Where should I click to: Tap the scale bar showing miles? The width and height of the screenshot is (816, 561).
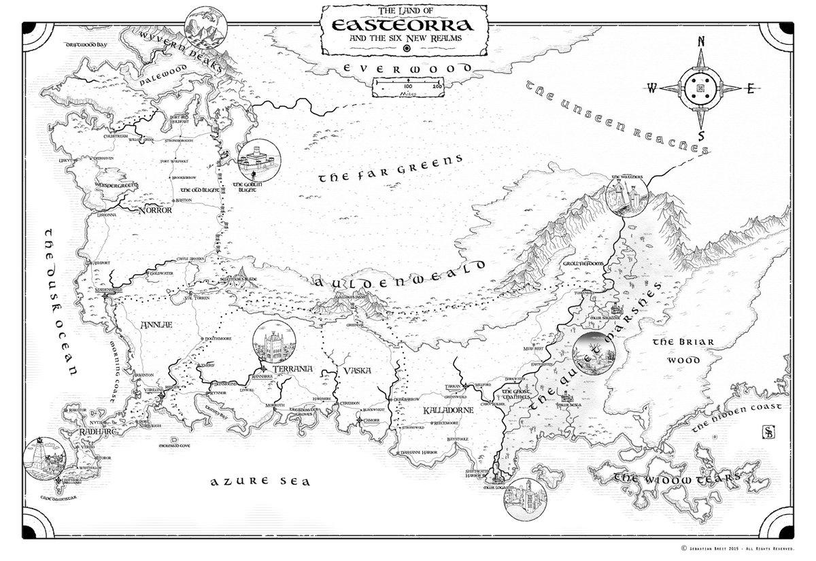tap(408, 87)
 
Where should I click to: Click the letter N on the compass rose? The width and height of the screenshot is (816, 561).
tap(700, 42)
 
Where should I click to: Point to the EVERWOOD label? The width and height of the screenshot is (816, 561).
tap(407, 69)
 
